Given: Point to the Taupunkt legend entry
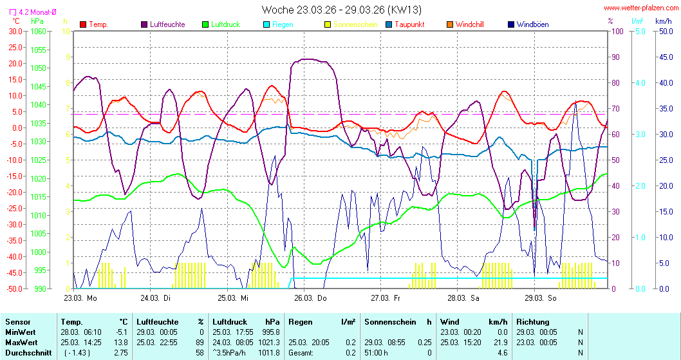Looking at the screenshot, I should click(413, 24).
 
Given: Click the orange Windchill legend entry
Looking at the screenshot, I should click(469, 24).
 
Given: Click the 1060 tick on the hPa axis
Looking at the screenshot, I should click(39, 31).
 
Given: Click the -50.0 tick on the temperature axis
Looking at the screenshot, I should click(14, 289).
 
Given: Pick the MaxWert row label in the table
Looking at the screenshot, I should click(21, 341).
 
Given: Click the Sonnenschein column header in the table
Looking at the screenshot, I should click(389, 321).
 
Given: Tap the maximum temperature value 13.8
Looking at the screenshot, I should click(120, 341).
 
